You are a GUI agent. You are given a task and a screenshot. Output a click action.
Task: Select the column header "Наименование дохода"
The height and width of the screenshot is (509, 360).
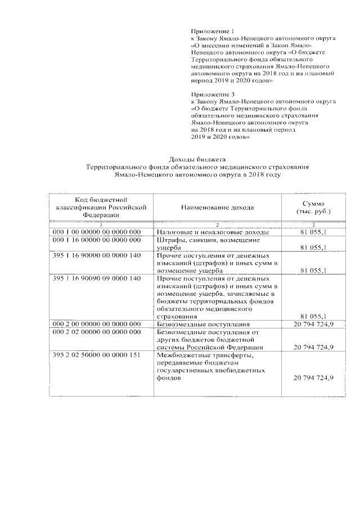217,208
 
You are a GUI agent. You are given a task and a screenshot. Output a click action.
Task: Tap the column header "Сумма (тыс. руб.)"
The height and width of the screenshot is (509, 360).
313,208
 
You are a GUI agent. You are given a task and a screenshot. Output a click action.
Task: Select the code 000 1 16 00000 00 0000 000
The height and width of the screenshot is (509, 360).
96,240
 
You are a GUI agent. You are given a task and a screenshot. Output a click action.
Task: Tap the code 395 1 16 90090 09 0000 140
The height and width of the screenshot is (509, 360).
96,278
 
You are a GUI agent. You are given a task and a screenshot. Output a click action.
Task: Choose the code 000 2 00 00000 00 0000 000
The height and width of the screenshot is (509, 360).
96,325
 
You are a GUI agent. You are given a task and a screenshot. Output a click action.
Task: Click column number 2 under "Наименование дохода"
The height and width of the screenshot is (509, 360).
217,225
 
